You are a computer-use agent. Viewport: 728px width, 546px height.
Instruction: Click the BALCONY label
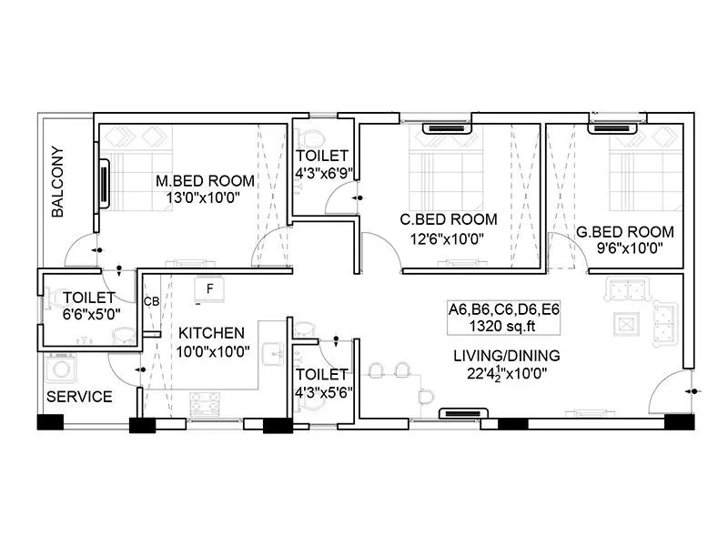coord(57,181)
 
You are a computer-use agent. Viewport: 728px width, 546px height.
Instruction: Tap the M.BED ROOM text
coord(205,181)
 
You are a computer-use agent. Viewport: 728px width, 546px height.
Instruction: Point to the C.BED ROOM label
coord(450,219)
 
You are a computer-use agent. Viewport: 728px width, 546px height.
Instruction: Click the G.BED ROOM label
coord(625,231)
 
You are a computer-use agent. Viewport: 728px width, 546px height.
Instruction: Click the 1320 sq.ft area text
coord(503,326)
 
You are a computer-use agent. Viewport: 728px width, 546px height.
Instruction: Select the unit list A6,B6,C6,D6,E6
coord(503,309)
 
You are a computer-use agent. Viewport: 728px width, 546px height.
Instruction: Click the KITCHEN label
coord(210,332)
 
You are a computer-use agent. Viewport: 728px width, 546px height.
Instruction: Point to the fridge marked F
coord(210,289)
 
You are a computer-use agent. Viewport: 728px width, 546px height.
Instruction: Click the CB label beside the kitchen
coord(151,301)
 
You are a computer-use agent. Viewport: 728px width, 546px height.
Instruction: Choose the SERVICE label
coord(79,397)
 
